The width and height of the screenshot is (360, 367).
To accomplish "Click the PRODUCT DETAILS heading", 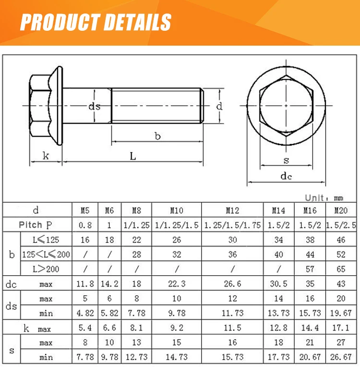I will (96, 22).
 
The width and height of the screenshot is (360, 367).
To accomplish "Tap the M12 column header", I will (232, 210).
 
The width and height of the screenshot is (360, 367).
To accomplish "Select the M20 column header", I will (341, 210).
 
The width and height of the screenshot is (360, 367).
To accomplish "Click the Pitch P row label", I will (37, 225).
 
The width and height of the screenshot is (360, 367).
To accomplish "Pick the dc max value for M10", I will (177, 284).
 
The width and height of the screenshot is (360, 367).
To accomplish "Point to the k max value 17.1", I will (341, 328).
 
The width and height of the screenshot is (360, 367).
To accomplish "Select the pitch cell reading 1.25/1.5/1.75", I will (232, 225).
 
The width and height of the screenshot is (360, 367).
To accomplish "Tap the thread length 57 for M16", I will (310, 269).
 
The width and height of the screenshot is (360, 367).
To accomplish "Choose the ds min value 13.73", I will (278, 313).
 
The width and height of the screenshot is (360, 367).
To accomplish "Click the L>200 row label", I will (46, 269).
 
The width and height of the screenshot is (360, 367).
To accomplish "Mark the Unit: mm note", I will (324, 197).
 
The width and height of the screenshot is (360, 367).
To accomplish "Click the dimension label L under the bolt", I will (133, 156).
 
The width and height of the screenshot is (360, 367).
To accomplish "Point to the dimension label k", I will (46, 156).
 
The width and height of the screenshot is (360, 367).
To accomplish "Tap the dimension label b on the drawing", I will (157, 136).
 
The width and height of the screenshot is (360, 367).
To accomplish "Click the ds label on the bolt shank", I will (94, 106).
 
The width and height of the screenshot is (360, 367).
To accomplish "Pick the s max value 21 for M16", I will (310, 343).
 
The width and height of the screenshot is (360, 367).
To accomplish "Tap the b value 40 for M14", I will (278, 254).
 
